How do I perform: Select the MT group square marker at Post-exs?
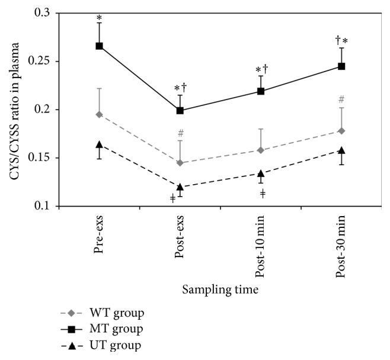click(x=180, y=111)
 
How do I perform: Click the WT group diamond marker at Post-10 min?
click(x=261, y=150)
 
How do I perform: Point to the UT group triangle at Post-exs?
click(x=180, y=187)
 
